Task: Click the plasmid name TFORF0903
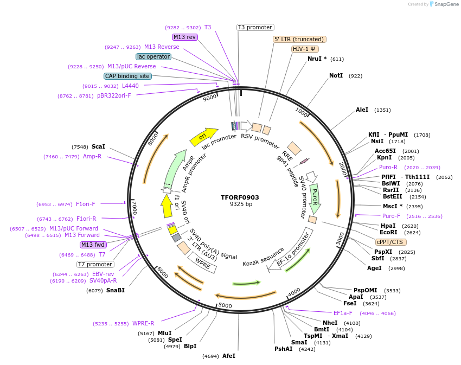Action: pyautogui.click(x=240, y=197)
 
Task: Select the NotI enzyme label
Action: pyautogui.click(x=336, y=75)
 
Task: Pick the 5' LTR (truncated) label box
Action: pyautogui.click(x=299, y=39)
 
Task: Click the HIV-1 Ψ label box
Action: pyautogui.click(x=305, y=49)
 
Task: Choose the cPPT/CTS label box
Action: pyautogui.click(x=389, y=242)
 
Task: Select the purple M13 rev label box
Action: pyautogui.click(x=185, y=37)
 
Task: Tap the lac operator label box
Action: pyautogui.click(x=153, y=56)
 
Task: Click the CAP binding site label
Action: pyautogui.click(x=127, y=76)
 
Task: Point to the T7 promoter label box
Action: pyautogui.click(x=95, y=264)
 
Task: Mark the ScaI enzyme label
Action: pyautogui.click(x=98, y=146)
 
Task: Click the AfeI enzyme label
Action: pyautogui.click(x=229, y=356)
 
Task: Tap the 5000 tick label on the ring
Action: pyautogui.click(x=225, y=305)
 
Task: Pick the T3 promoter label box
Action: pyautogui.click(x=255, y=27)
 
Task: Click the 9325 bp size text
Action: pyautogui.click(x=240, y=204)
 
